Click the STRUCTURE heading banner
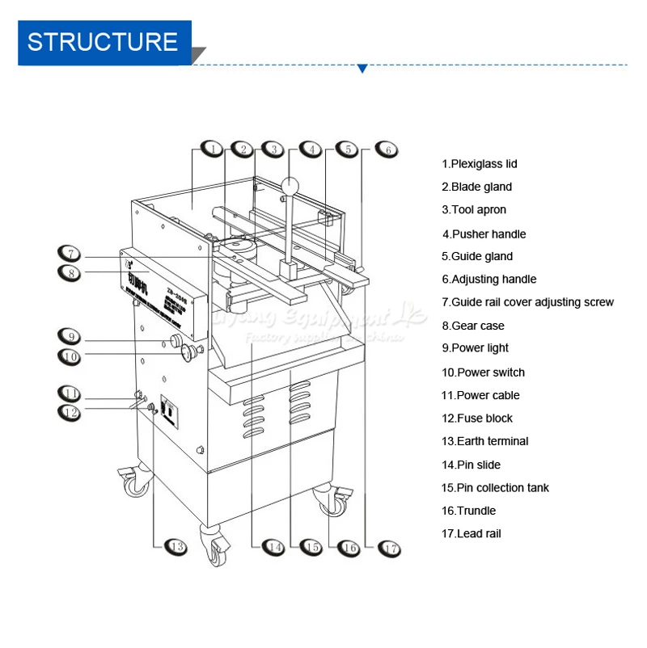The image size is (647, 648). coord(104,43)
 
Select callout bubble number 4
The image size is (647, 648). coord(311,149)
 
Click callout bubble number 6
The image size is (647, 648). coord(387,149)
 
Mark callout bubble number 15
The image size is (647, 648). coord(312,547)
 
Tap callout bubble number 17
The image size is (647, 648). coord(390,547)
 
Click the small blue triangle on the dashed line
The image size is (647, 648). coord(362,69)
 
